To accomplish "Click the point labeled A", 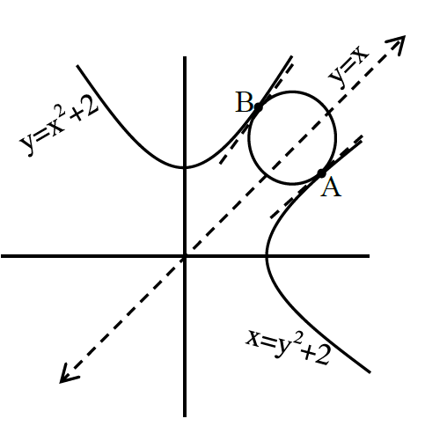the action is [322, 173].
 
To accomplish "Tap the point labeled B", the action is [258, 107].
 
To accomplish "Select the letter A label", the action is [331, 188].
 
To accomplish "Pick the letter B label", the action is [244, 102].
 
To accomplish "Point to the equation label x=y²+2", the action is [289, 347].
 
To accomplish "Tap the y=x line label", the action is [348, 68].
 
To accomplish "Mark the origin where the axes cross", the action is [185, 256].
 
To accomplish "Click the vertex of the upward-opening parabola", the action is [185, 167].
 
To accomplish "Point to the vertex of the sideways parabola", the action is [267, 256].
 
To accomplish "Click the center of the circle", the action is [293, 138].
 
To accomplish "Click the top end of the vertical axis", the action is [185, 56].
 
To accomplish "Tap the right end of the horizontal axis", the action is [369, 256].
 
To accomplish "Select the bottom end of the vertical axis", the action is [185, 416].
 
